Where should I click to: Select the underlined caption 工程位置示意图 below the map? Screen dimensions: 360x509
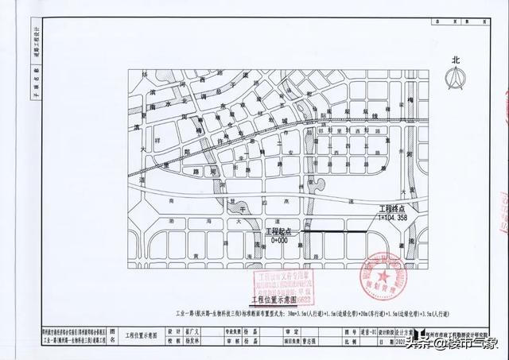point(274,300)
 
